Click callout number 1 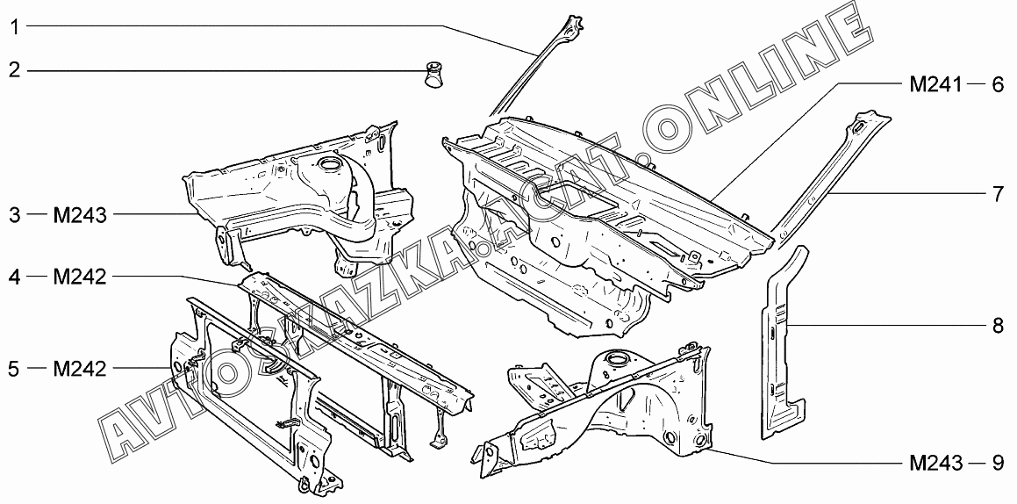coord(14,26)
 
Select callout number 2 coord(14,69)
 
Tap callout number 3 coord(14,215)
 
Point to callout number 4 coord(14,277)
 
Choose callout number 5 coord(14,369)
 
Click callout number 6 coord(998,84)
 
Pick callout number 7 coord(998,195)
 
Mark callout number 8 coord(998,325)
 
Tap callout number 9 coord(998,463)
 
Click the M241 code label coord(936,84)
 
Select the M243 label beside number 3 coord(80,215)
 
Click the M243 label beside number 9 coord(936,463)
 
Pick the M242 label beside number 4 coord(80,277)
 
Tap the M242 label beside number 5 coord(80,369)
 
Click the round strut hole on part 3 coord(330,162)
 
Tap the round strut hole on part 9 coord(615,357)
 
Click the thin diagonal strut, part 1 coord(536,64)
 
